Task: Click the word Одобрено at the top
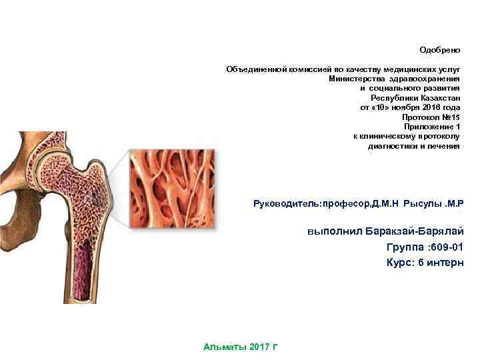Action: click(x=439, y=50)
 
